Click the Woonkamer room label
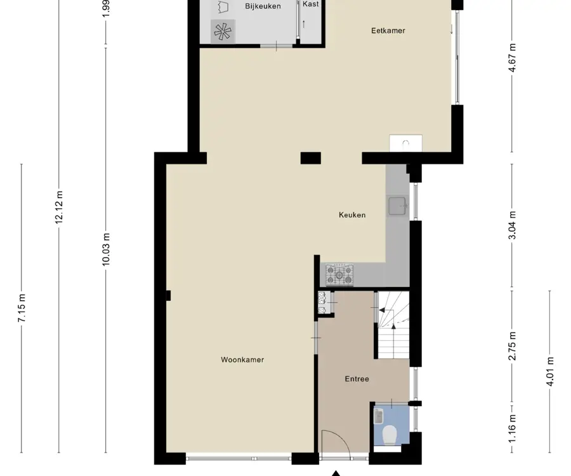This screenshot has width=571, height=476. point(242,360)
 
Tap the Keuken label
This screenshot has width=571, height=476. point(352,215)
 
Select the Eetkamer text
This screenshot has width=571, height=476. point(388,30)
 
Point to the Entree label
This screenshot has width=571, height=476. point(357,379)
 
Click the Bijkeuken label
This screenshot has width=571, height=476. point(263,6)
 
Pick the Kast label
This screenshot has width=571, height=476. point(311,4)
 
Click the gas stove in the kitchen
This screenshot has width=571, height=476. point(339,274)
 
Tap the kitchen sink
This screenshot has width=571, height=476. point(397,206)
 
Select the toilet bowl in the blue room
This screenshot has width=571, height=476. point(390,435)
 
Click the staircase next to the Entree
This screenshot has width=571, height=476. point(393,325)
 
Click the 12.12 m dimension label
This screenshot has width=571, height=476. point(59,207)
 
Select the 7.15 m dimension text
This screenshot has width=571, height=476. point(22,308)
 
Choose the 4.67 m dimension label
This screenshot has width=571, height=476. point(512,58)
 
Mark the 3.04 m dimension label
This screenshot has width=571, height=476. point(512,225)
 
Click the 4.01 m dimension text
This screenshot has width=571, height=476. point(550,371)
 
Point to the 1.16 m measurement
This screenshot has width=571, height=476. point(512,428)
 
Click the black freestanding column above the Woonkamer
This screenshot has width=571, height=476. point(311,158)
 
